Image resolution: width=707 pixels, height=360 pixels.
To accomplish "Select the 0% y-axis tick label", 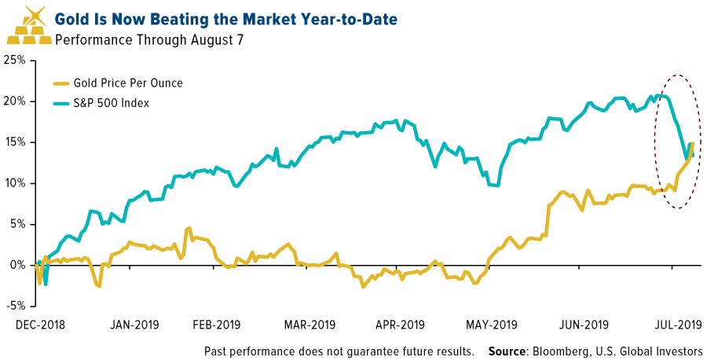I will click(20, 265).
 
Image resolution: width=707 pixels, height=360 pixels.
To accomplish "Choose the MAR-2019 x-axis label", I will click(310, 324).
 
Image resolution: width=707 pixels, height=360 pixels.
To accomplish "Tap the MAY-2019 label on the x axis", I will click(491, 324).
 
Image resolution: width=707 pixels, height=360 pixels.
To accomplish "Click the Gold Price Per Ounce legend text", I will click(128, 83).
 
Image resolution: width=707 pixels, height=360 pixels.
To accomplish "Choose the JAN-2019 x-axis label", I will click(130, 324).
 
